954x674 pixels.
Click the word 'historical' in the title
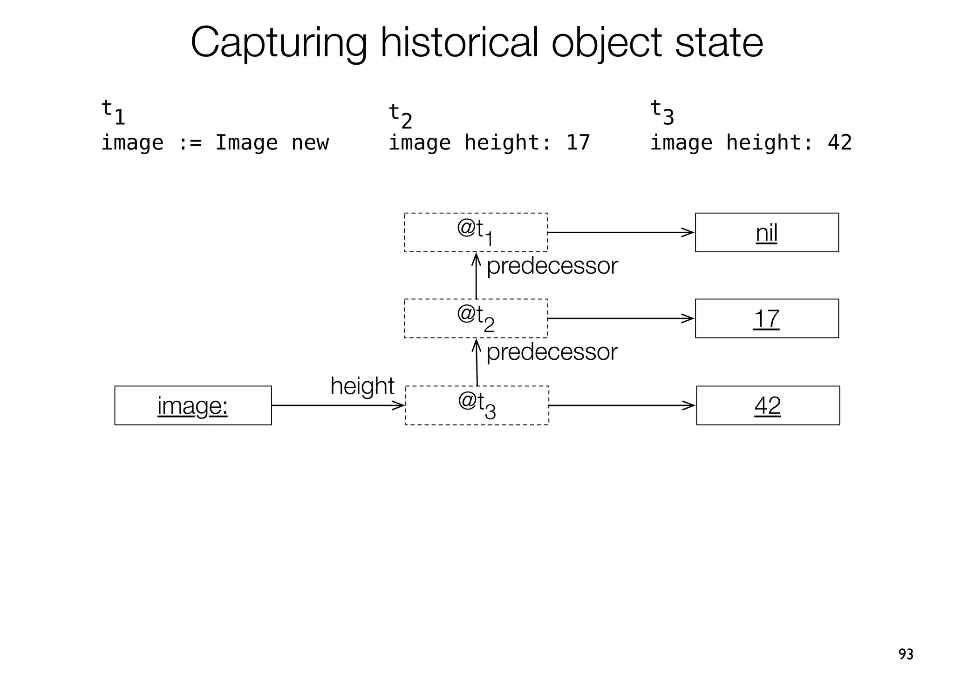point(458,43)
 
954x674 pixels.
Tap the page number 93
point(906,654)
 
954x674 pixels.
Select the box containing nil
point(766,232)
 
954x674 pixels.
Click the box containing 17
point(766,318)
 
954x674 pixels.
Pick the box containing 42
point(768,405)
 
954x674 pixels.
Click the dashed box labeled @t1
point(476,232)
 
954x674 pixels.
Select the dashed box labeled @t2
point(476,318)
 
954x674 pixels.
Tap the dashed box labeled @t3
point(477,405)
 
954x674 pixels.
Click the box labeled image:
point(193,405)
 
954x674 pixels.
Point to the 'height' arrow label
point(362,386)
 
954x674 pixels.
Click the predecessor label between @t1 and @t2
point(552,266)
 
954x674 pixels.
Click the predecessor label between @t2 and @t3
point(552,352)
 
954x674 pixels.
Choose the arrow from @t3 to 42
point(622,405)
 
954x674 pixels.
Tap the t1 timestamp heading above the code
point(113,112)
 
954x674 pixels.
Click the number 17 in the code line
point(578,142)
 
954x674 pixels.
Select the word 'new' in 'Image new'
point(310,142)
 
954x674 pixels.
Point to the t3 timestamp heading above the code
point(661,112)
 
